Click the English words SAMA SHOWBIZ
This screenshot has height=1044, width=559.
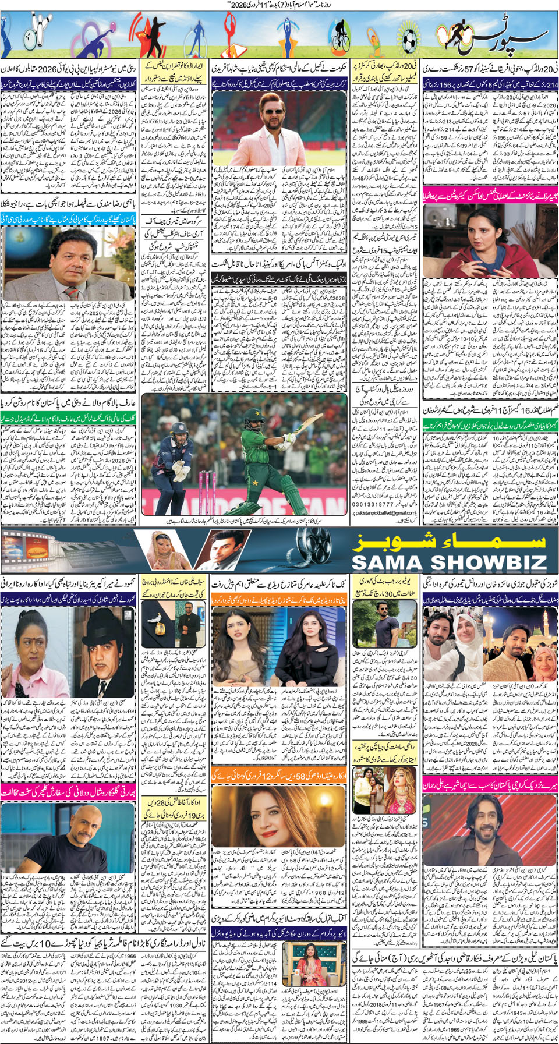[x=449, y=562]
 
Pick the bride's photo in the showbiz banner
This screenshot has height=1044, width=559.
[x=169, y=550]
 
